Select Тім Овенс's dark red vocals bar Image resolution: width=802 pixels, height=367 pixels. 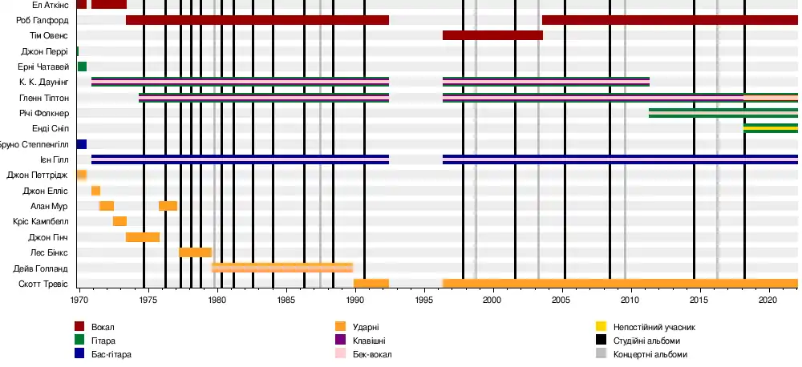492,35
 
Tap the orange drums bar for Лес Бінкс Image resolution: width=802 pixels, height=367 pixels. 195,252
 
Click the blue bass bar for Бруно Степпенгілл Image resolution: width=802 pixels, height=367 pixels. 82,144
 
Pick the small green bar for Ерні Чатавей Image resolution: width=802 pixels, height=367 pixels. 82,67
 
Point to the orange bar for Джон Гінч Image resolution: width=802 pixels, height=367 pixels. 143,237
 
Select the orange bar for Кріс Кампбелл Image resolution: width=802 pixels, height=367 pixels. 119,221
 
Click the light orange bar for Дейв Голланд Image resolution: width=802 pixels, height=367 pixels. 282,268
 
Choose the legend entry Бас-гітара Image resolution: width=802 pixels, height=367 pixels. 112,354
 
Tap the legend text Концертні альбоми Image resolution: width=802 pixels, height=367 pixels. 650,354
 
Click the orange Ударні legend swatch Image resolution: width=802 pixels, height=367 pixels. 341,327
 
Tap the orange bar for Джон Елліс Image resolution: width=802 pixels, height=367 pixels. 95,191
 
